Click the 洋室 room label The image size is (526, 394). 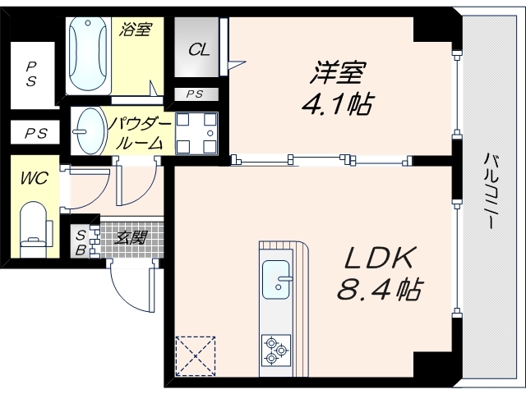336,75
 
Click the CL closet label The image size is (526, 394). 200,49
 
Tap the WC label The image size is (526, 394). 33,177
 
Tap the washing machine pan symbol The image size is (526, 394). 196,132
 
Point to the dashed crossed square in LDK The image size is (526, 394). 195,354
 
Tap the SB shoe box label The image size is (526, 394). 81,243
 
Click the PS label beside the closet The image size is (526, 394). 196,94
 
